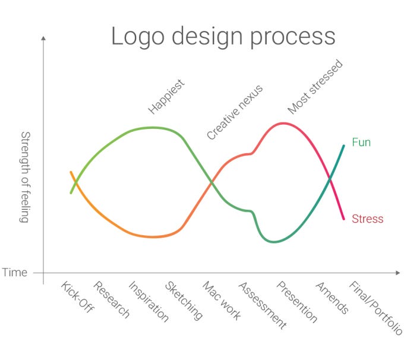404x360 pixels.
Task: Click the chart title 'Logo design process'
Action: (x=223, y=36)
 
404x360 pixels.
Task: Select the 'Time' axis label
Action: (x=14, y=273)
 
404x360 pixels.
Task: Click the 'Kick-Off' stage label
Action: (x=78, y=297)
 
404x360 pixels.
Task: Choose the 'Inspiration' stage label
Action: (x=149, y=302)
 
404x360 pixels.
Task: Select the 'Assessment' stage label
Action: (x=262, y=305)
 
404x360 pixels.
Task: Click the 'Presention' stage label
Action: (x=297, y=302)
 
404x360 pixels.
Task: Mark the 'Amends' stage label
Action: (x=332, y=298)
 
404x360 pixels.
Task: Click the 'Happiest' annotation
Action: (x=166, y=96)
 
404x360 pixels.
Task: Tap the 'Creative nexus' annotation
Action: (x=235, y=112)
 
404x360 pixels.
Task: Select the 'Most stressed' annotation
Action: (x=315, y=87)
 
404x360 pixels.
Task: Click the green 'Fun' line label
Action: (x=361, y=143)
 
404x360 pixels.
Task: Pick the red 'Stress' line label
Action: (x=367, y=219)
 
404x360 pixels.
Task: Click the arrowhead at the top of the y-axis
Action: (x=43, y=38)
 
